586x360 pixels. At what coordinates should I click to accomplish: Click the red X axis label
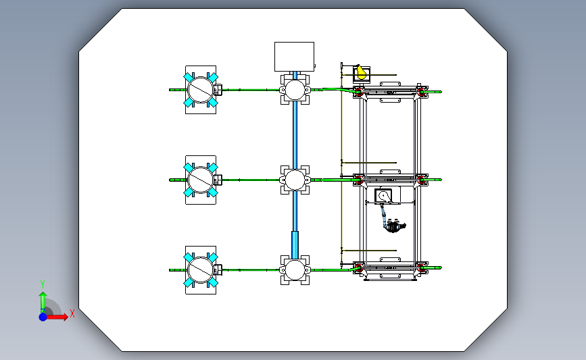pos(72,313)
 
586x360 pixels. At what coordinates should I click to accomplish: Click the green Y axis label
pos(43,284)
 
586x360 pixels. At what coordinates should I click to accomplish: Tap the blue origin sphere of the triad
pos(43,317)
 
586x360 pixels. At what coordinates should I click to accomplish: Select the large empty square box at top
pos(294,56)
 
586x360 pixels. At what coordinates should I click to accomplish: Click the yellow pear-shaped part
pos(361,72)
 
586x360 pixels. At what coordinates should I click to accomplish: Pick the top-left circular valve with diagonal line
pos(200,90)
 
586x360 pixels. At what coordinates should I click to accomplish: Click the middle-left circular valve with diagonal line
pos(200,180)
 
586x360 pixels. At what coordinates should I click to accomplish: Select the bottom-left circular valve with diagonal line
pos(200,270)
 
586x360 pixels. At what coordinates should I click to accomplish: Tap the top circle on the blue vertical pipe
pos(295,90)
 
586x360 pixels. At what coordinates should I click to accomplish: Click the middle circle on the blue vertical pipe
pos(295,180)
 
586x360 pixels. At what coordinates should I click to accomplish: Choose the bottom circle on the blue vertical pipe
pos(295,270)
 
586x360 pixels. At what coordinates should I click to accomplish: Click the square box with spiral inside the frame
pos(383,196)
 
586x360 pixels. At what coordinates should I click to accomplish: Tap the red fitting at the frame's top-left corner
pos(358,91)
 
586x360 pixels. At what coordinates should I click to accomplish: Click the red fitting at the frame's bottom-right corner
pos(422,267)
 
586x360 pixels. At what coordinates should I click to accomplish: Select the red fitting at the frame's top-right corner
pos(422,91)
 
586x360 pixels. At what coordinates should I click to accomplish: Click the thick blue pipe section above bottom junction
pos(295,245)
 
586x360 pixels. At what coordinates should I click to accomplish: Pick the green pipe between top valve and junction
pos(251,90)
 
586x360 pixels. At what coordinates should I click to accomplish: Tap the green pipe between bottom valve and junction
pos(251,270)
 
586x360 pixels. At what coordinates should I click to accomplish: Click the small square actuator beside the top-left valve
pos(218,90)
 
